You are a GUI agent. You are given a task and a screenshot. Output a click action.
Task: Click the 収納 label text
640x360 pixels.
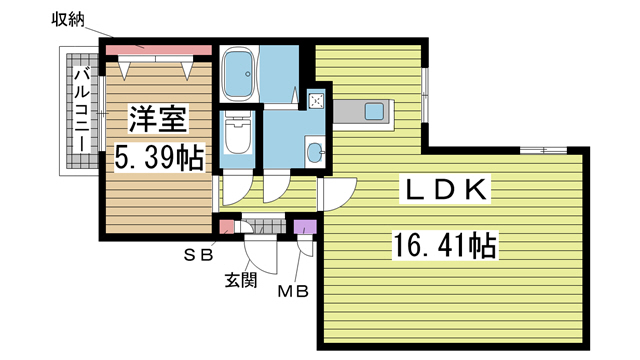tap(68, 19)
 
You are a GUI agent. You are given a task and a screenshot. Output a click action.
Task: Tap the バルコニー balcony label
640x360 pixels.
tap(82, 111)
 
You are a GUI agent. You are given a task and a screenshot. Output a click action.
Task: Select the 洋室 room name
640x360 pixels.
tap(158, 119)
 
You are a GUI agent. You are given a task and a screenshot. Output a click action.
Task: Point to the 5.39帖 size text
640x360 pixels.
tap(158, 158)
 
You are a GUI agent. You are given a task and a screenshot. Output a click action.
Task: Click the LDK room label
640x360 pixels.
tap(444, 190)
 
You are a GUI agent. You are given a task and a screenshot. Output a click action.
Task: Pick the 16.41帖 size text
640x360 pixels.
tap(445, 245)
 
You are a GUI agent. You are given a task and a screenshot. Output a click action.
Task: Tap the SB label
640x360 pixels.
tap(198, 255)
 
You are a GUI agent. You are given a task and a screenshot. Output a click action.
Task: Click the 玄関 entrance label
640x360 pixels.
tap(241, 280)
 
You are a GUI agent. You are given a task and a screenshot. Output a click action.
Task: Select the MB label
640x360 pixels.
tap(293, 291)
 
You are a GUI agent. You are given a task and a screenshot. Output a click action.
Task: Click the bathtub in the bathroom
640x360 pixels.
tap(239, 74)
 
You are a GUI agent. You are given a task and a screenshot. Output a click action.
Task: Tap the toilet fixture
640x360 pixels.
tap(238, 133)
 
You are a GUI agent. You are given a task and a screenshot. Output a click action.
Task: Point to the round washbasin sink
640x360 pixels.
tap(315, 153)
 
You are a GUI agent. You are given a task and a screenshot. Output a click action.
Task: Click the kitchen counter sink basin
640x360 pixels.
tap(373, 111)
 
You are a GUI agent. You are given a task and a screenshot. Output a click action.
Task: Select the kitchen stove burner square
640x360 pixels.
tap(316, 101)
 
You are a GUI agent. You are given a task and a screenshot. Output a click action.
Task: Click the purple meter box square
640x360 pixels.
tap(306, 227)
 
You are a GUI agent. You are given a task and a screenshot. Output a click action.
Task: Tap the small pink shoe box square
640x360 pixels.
tap(227, 227)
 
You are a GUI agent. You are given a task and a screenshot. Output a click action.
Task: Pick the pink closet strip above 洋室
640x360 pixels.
tap(159, 50)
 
